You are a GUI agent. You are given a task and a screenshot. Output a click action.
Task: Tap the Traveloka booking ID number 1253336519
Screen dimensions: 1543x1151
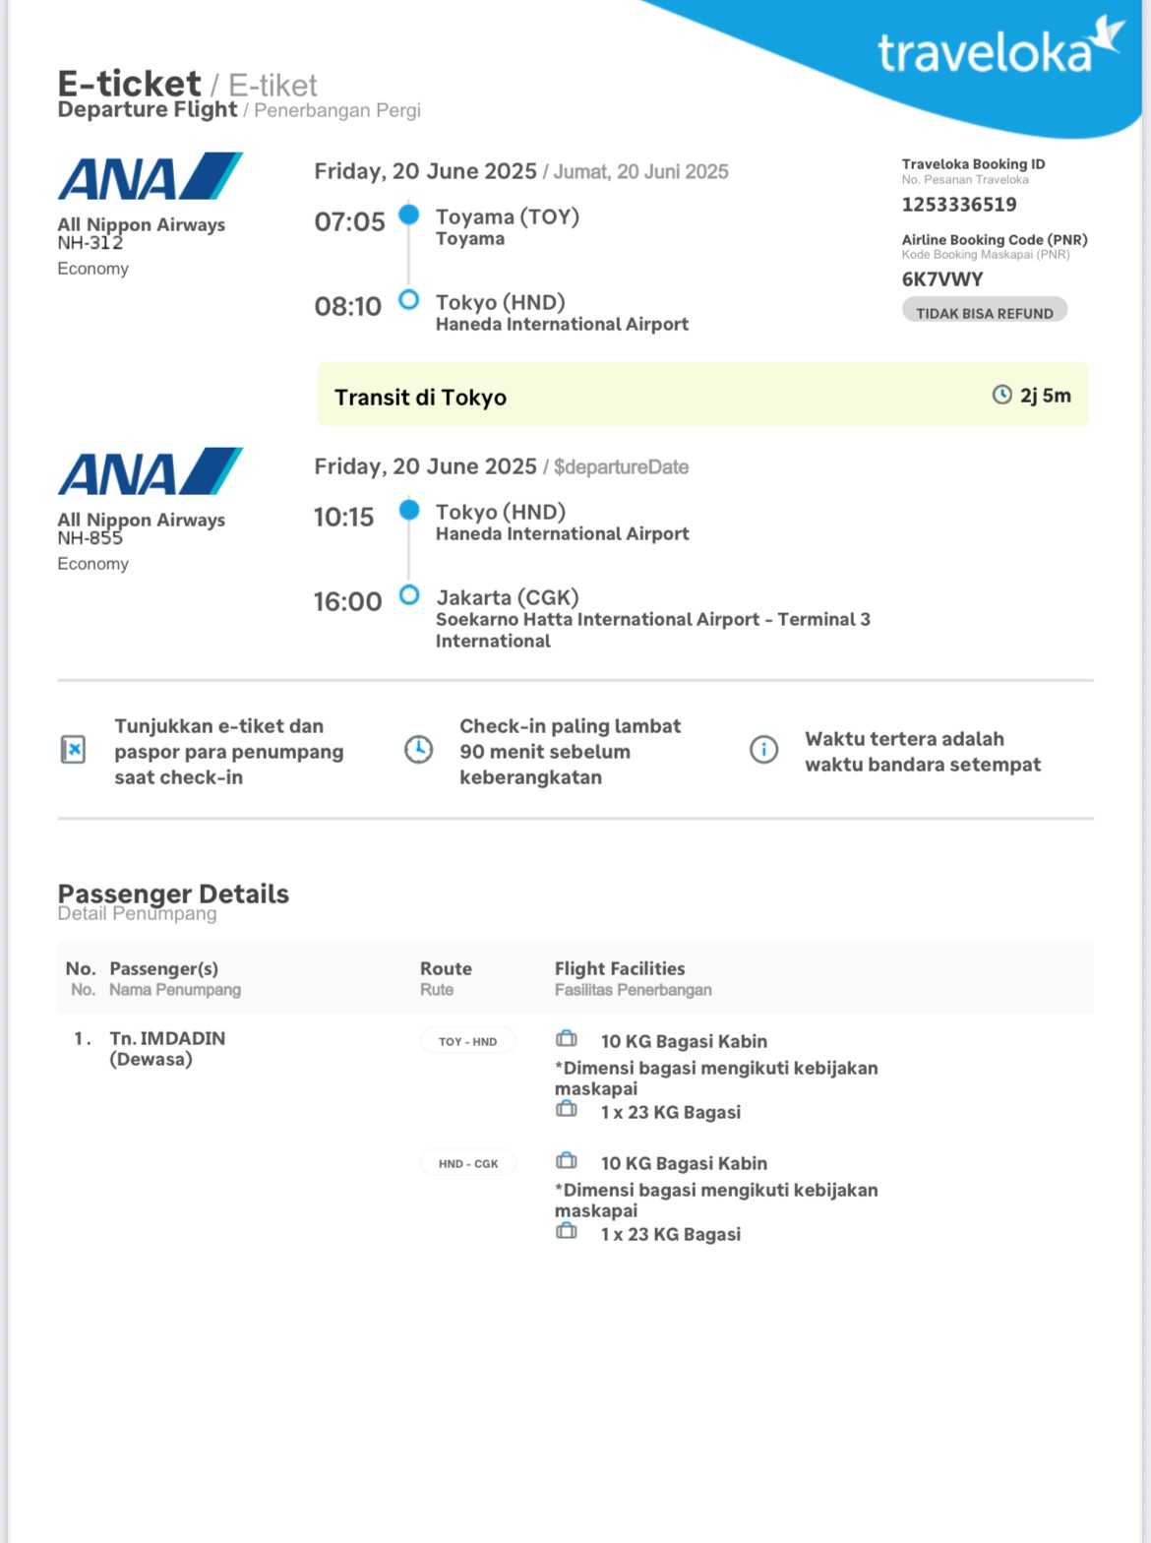coord(959,205)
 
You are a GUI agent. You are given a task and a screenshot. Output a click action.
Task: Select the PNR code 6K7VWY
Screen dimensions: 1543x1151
coord(942,279)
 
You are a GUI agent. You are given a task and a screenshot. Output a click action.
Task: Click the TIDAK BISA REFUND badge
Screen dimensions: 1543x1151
coord(984,313)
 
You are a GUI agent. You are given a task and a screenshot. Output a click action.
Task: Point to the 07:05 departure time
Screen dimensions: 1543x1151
coord(349,221)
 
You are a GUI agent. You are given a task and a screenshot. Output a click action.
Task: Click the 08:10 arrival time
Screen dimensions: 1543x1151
coord(347,306)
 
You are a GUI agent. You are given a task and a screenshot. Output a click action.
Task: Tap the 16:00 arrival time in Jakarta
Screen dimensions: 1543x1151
coord(347,601)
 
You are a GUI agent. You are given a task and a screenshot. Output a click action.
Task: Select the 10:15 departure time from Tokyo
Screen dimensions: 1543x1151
coord(343,517)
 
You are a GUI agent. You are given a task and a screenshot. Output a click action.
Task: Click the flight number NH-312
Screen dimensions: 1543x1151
coord(90,243)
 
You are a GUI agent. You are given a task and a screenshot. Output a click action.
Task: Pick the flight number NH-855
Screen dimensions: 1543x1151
coord(90,538)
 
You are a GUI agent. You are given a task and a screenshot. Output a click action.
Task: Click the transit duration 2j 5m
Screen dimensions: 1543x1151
coord(1045,396)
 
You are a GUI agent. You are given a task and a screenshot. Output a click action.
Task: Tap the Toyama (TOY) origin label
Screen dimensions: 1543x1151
coord(507,216)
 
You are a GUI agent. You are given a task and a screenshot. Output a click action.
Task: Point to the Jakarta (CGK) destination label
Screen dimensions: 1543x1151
coord(507,597)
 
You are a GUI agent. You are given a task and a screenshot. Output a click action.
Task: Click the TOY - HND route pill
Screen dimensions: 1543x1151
coord(467,1041)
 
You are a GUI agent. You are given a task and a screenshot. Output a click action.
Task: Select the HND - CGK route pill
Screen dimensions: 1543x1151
coord(468,1163)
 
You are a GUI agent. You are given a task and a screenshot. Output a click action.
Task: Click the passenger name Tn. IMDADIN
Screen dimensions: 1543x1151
coord(167,1038)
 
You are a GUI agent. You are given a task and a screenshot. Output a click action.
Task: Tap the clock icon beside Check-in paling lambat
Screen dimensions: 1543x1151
coord(418,750)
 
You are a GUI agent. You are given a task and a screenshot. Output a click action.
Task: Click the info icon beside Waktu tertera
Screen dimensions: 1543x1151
coord(763,750)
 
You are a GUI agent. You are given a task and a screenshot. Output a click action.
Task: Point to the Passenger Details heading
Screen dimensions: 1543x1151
coord(173,894)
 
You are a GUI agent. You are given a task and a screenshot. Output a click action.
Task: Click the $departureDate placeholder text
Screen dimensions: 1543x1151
coord(621,467)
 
